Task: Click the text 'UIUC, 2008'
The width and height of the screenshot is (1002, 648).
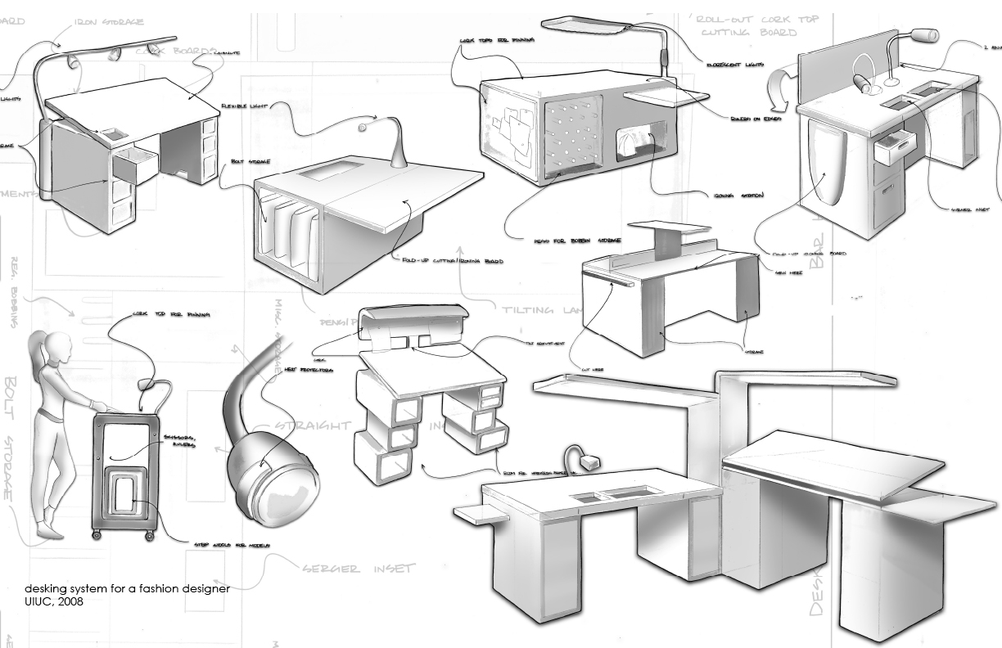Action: coord(54,603)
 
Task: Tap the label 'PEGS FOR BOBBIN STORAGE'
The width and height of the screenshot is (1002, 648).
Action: coord(577,241)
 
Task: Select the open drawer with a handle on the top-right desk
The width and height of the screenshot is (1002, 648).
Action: coord(888,152)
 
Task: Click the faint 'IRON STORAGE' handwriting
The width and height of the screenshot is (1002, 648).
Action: coord(111,22)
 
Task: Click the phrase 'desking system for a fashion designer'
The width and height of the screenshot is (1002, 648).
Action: coord(127,589)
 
